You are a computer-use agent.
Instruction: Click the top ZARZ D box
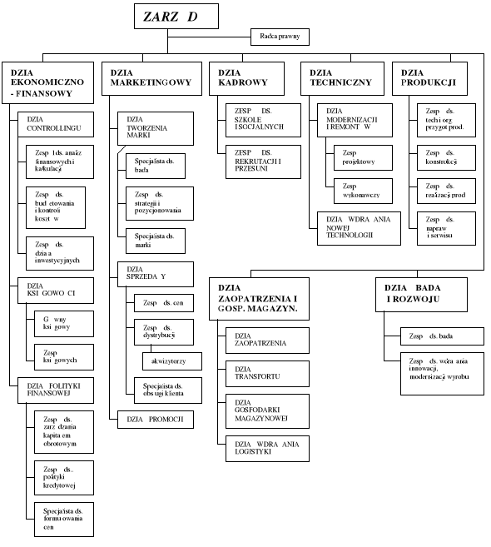tap(177, 17)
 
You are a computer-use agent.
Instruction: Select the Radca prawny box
tap(280, 36)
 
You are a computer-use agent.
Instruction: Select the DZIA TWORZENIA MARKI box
tap(155, 129)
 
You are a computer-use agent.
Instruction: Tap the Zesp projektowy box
tap(361, 159)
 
